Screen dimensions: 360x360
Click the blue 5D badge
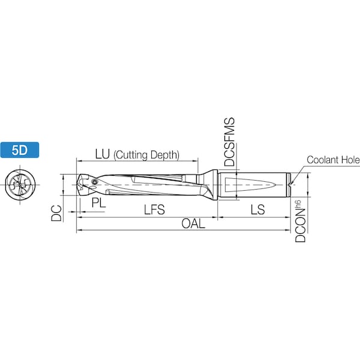tap(20, 150)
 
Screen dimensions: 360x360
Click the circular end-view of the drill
tap(20, 185)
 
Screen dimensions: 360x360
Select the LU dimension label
tap(103, 154)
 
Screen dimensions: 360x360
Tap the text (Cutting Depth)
tap(146, 155)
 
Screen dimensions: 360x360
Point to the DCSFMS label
tap(230, 142)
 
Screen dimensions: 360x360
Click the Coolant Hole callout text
tap(333, 160)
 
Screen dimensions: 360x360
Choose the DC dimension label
tap(56, 213)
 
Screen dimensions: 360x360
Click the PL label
tap(99, 203)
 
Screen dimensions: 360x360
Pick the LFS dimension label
tap(154, 209)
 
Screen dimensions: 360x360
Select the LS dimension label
tap(257, 209)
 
